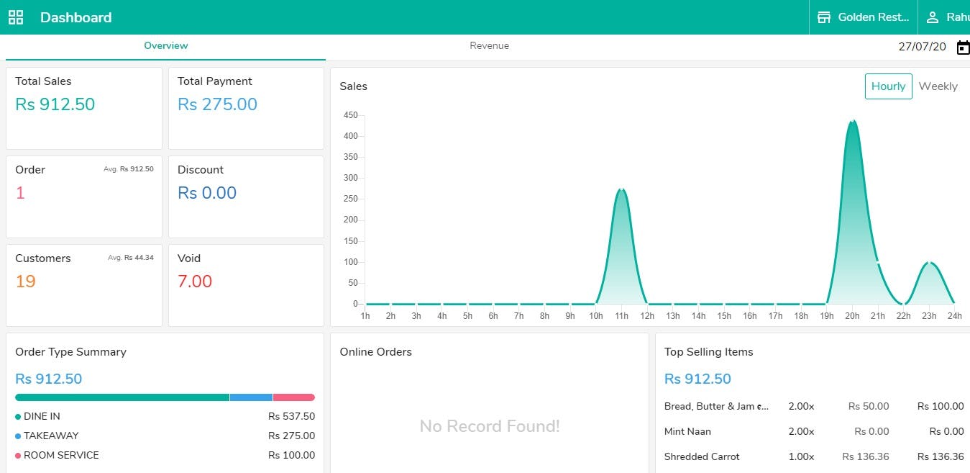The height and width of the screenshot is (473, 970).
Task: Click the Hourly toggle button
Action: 888,86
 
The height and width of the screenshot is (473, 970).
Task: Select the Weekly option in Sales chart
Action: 938,86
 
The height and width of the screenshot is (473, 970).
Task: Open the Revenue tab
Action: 489,46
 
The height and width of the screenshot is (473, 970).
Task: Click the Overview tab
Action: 165,46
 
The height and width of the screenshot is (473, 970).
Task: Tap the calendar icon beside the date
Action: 963,48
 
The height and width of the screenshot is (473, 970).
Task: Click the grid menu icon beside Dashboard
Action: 16,17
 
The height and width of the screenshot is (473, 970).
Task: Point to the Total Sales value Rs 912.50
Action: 55,104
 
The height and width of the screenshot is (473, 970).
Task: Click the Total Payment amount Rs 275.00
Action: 217,104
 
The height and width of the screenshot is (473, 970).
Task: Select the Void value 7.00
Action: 195,281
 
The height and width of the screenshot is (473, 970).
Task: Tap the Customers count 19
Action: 25,281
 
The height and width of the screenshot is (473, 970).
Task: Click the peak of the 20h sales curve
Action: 852,122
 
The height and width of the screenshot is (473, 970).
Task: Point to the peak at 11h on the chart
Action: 622,190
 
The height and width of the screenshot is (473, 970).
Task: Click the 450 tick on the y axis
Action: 351,115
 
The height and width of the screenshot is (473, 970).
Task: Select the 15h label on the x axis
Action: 724,316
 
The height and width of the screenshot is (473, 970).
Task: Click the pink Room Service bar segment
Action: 293,397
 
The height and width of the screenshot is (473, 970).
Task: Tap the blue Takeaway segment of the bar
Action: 251,397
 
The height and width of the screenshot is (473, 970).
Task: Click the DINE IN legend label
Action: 42,416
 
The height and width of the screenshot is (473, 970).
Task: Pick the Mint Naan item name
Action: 687,431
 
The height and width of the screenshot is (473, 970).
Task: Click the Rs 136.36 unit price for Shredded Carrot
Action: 865,456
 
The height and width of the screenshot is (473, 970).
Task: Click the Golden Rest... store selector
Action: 864,17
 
